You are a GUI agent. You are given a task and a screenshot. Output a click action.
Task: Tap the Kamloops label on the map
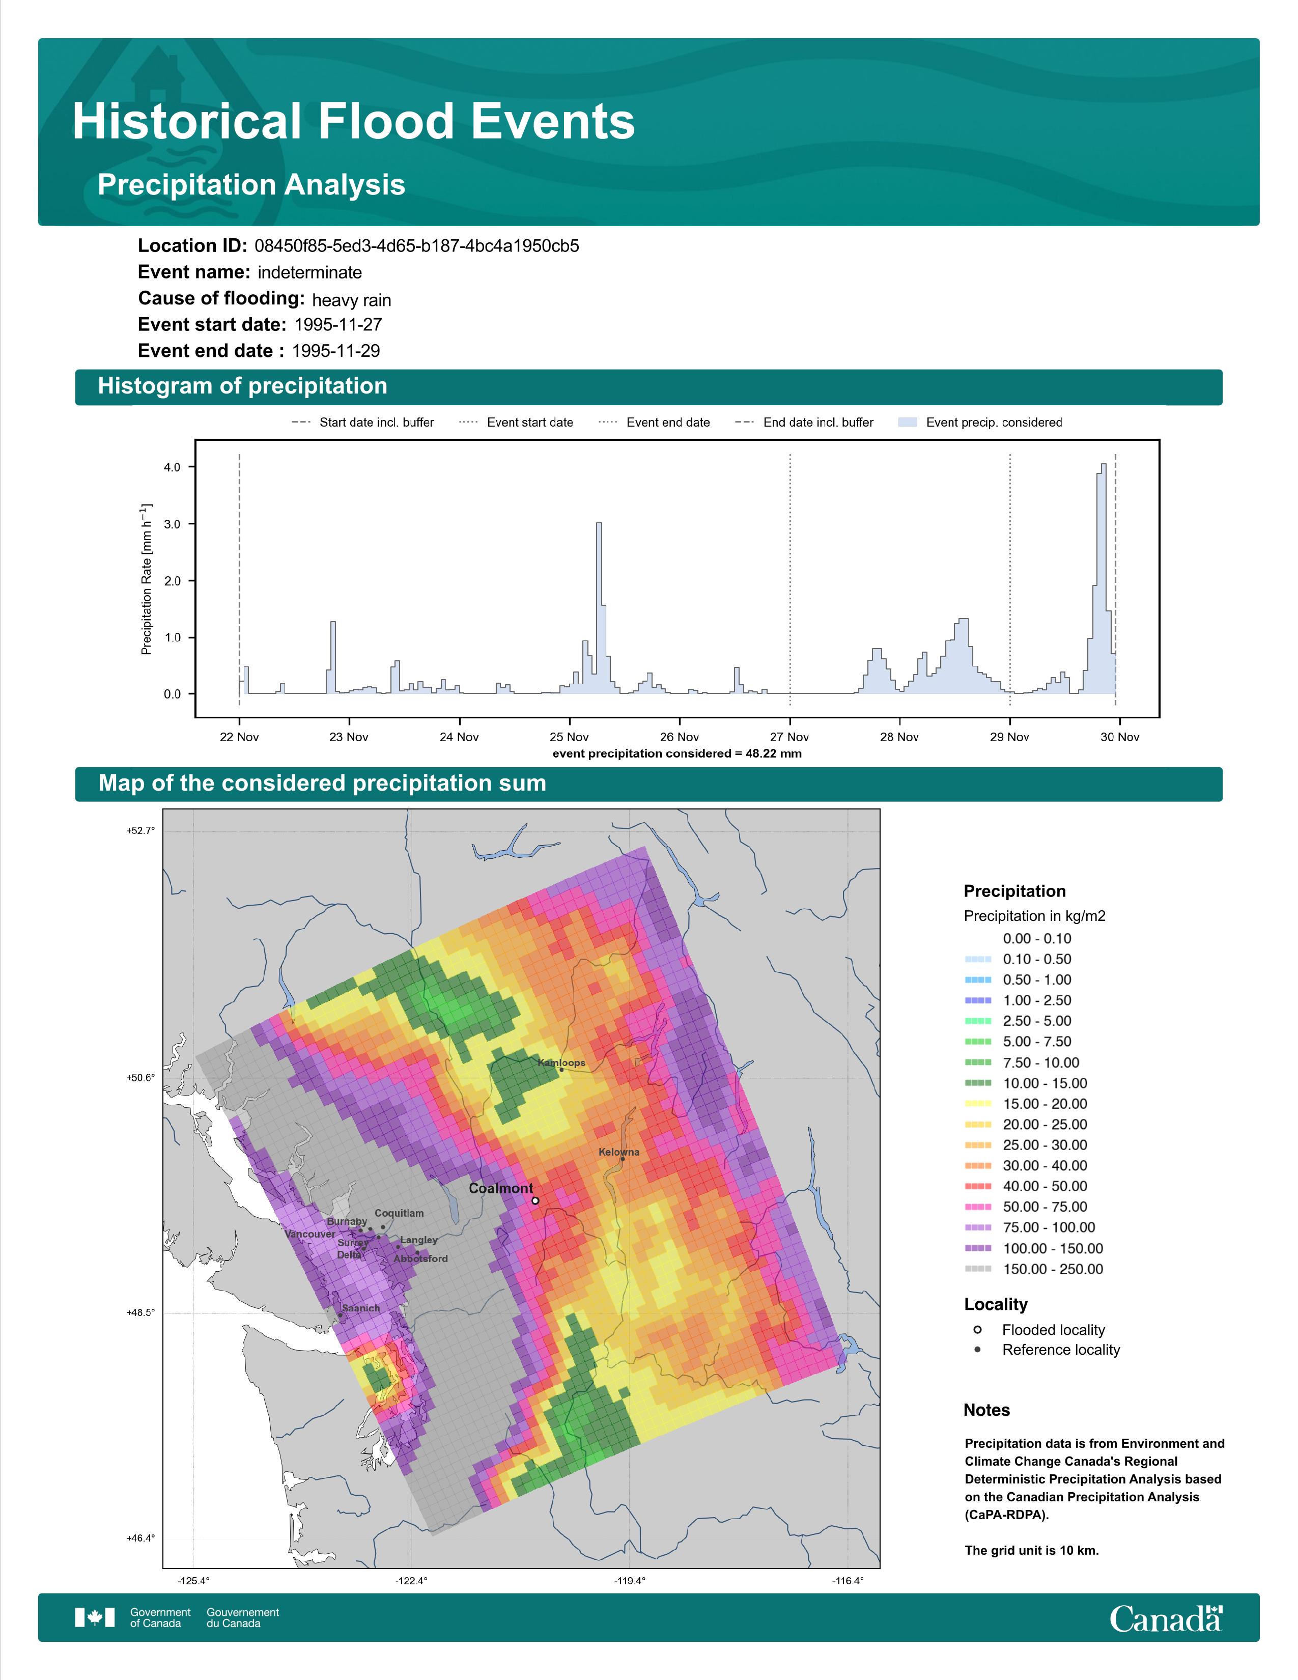tap(561, 1062)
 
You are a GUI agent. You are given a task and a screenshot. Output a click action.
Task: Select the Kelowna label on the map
tap(619, 1152)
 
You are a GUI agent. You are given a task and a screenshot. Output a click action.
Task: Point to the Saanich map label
tap(361, 1308)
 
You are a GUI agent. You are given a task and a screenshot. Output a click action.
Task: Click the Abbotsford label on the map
tap(420, 1259)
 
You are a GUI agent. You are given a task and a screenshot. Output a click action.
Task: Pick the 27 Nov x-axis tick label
tap(789, 737)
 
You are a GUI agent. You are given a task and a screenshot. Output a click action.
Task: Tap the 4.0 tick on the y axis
tap(172, 467)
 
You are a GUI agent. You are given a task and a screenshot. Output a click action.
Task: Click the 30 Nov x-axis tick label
tap(1120, 737)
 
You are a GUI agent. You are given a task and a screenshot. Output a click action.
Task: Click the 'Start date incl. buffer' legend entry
tap(363, 423)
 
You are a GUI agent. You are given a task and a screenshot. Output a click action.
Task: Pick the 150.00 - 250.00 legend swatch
tap(977, 1269)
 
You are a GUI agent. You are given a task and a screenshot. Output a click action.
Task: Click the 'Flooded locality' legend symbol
tap(977, 1329)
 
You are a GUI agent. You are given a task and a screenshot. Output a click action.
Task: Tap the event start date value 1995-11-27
tap(338, 325)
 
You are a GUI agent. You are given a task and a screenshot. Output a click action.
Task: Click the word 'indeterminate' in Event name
tap(310, 272)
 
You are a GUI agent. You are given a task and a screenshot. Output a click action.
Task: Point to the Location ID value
tap(417, 246)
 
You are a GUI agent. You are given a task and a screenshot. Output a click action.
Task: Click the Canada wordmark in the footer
tap(1166, 1618)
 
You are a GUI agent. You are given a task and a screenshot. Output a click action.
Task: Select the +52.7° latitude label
tap(140, 830)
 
